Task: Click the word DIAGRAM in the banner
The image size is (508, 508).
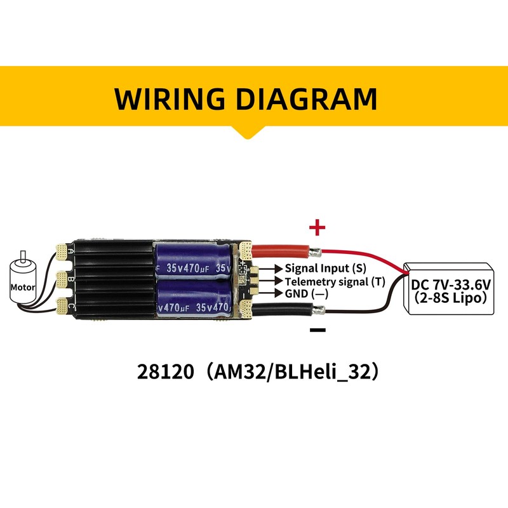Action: [x=307, y=99]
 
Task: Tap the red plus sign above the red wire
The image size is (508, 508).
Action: [x=317, y=227]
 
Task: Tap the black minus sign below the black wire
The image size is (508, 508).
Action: [x=317, y=330]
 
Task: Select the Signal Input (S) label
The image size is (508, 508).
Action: [x=326, y=268]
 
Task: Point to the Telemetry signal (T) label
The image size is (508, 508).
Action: [x=335, y=281]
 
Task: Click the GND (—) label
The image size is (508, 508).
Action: [x=307, y=293]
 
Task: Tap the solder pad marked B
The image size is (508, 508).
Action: [x=61, y=279]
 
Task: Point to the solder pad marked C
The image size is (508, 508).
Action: [x=61, y=306]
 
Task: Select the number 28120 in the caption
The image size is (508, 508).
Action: [x=165, y=371]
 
